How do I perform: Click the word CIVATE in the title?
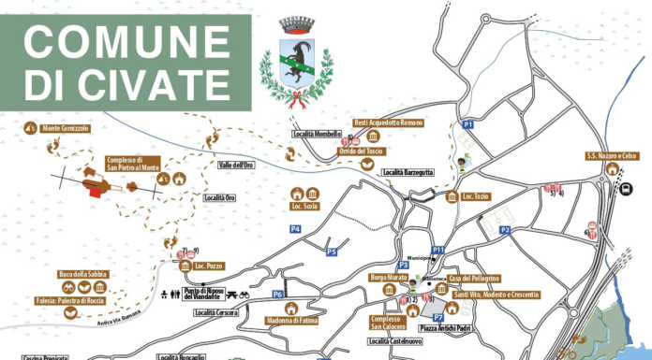click(x=149, y=84)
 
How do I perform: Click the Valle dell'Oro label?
click(x=235, y=166)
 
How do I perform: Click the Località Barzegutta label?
click(x=407, y=173)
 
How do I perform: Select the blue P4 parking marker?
click(x=295, y=228)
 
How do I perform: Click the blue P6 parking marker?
click(x=278, y=295)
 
